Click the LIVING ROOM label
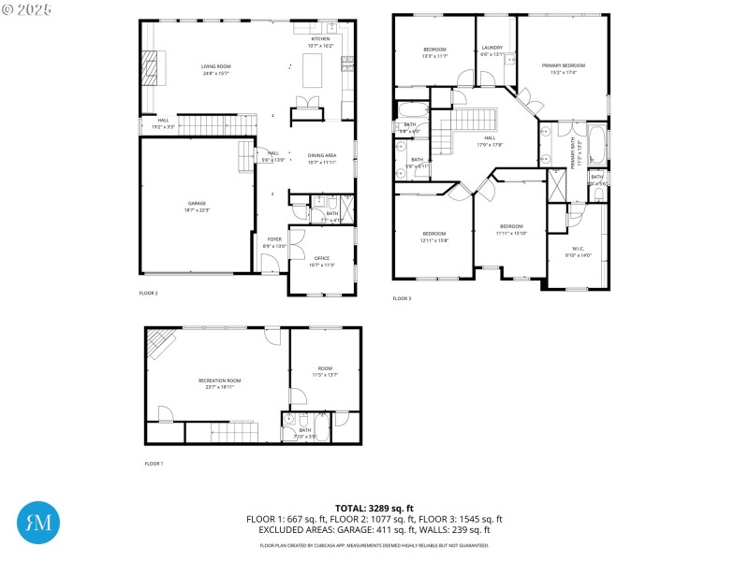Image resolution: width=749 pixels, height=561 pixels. [x=215, y=66]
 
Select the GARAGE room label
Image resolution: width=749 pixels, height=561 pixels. [x=197, y=203]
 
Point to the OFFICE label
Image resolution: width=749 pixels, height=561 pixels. [x=321, y=258]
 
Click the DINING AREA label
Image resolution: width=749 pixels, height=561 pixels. [x=322, y=155]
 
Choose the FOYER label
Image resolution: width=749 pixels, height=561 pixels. [x=274, y=239]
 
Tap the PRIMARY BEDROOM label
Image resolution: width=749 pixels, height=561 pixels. [x=563, y=65]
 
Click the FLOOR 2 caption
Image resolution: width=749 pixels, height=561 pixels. [x=149, y=293]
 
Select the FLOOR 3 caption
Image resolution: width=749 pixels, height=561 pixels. [x=402, y=298]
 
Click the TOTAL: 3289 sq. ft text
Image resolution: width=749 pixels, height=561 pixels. [x=374, y=509]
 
